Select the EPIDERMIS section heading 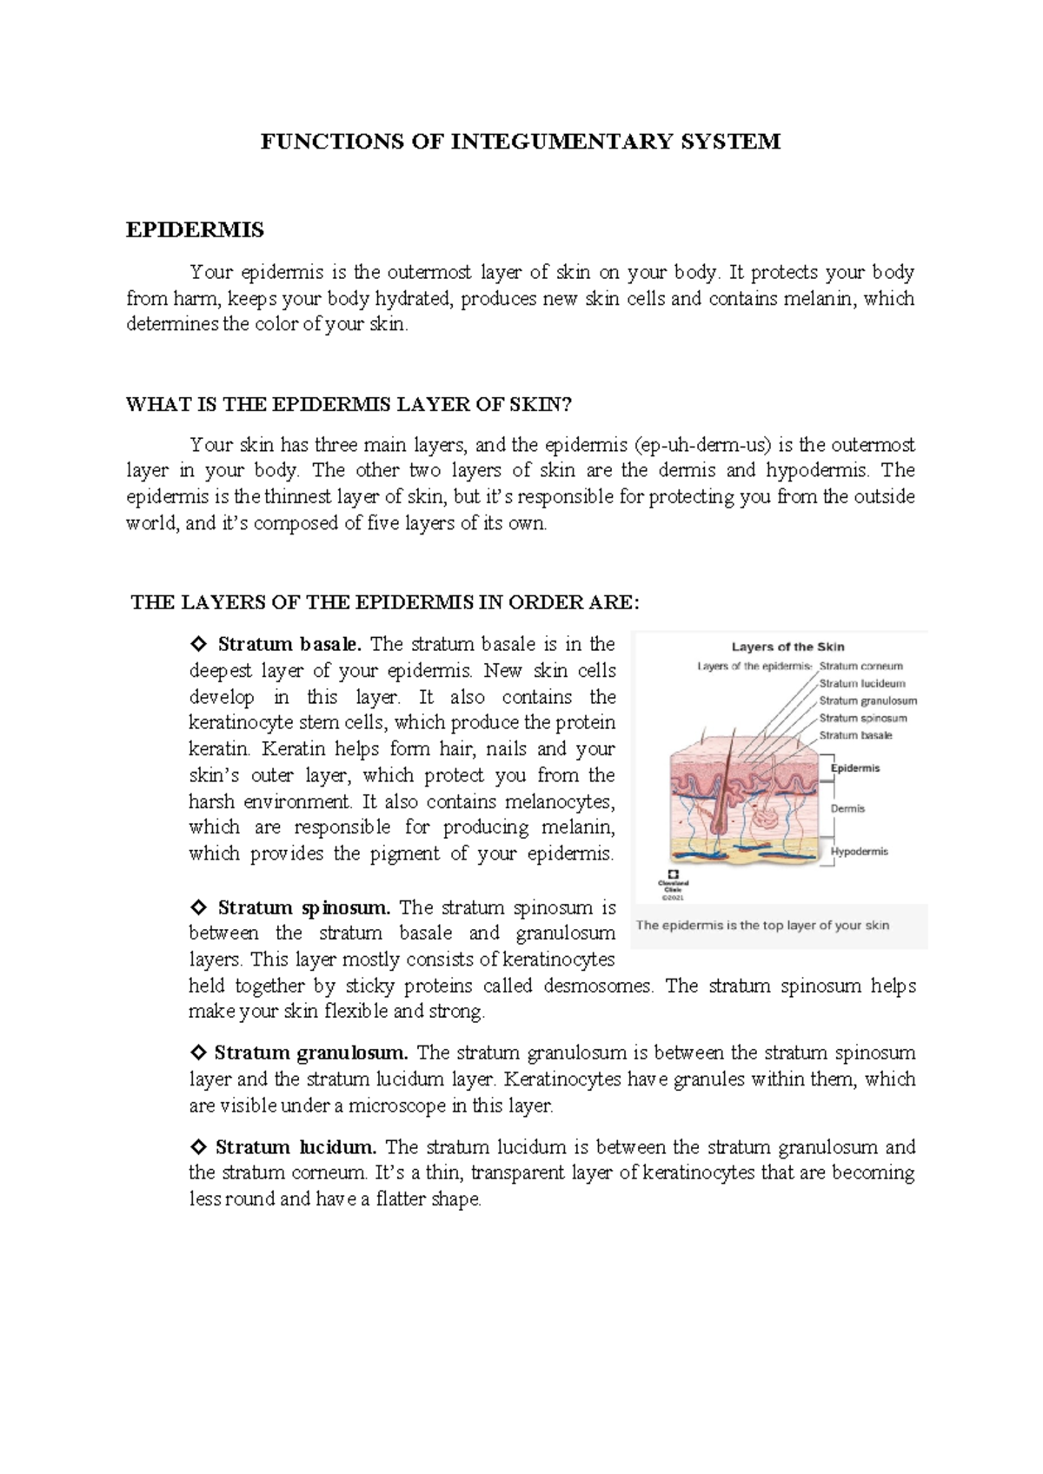(195, 230)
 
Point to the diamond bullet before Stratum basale (198, 645)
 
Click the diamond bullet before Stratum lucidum (198, 1147)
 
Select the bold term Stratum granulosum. (311, 1053)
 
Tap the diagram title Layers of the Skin (787, 647)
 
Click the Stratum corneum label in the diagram (860, 667)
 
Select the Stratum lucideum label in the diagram (861, 684)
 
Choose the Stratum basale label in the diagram (855, 735)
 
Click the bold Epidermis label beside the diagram (855, 768)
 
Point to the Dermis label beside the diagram (847, 808)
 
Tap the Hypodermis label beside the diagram (859, 852)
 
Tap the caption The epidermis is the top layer (762, 926)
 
